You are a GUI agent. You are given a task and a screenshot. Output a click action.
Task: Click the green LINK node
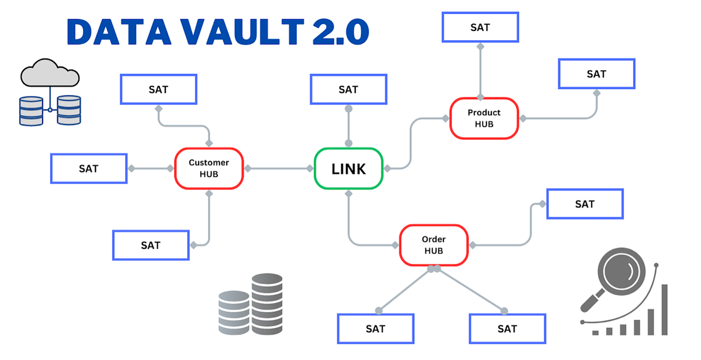pos(349,168)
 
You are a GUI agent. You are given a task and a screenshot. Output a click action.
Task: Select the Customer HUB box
pos(209,168)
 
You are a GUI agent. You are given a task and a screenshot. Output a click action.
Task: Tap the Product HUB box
pos(484,118)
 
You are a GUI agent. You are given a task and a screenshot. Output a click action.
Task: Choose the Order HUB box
pos(433,245)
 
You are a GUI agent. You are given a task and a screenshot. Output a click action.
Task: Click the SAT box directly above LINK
pos(348,89)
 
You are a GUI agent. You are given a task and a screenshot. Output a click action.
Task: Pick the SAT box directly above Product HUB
pos(480,27)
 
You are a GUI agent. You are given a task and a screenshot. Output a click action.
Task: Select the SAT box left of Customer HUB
pos(89,168)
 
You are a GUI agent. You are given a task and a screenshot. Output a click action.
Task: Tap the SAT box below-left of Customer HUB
pos(150,245)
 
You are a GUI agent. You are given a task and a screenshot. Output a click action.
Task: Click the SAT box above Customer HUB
pos(158,89)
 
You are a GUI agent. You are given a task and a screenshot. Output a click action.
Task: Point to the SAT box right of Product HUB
pos(596,74)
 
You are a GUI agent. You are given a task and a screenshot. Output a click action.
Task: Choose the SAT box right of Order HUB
pos(584,204)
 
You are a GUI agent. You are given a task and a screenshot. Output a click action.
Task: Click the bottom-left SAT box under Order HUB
pos(376,328)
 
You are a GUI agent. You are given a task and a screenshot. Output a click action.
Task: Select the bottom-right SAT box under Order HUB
pos(507,328)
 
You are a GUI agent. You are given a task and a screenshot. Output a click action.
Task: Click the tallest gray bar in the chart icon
pos(664,310)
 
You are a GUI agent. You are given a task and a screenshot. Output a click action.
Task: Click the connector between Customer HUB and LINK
pos(279,168)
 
